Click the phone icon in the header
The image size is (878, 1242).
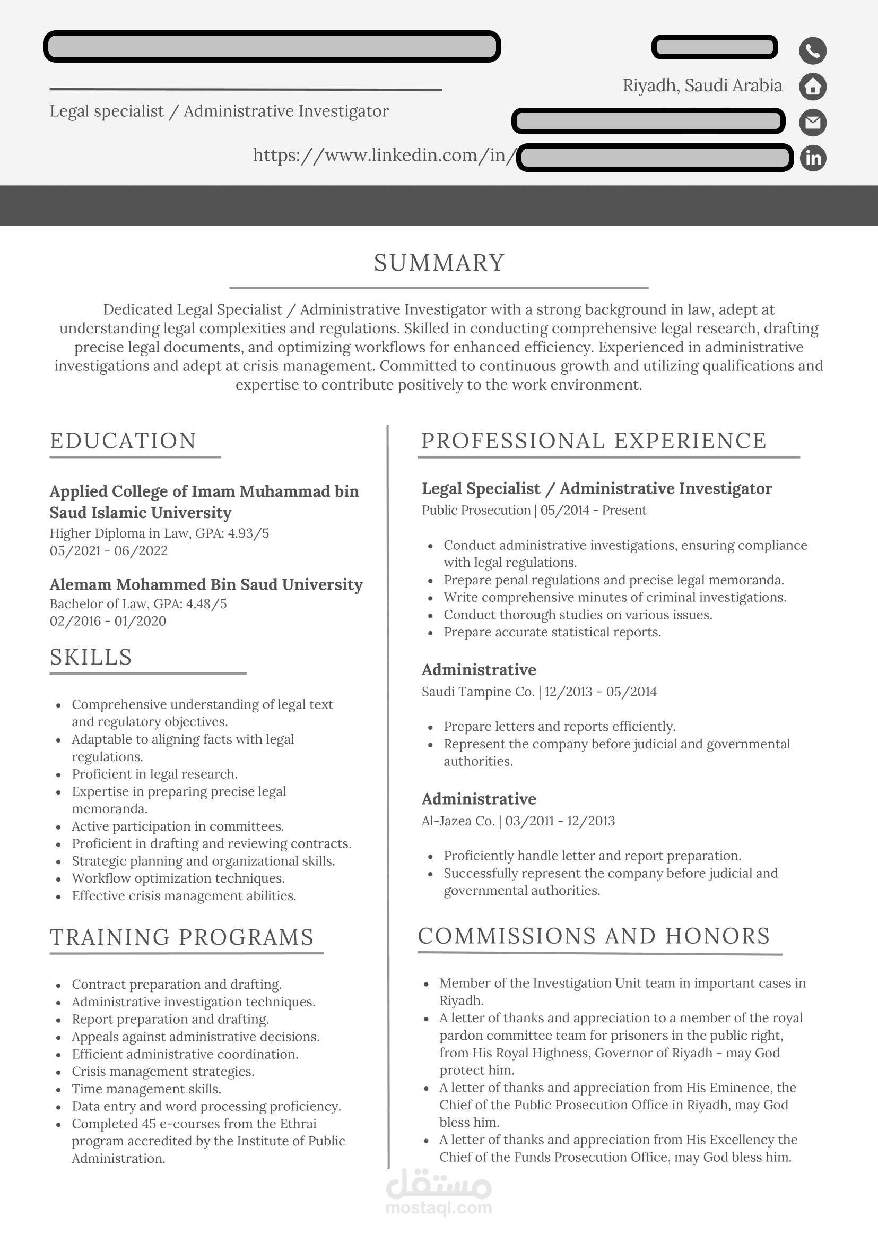(813, 50)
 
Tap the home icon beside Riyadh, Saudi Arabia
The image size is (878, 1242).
(813, 87)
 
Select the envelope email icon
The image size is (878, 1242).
(813, 122)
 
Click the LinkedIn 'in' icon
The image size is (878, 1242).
(813, 158)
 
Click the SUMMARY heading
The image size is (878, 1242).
(439, 263)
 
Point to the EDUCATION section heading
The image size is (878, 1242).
(123, 441)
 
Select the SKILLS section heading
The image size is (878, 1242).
(91, 657)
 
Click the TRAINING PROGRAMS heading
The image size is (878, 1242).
(181, 937)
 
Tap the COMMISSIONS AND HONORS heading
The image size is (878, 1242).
(594, 936)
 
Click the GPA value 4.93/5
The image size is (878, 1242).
(248, 533)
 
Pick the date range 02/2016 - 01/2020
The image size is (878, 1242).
(108, 621)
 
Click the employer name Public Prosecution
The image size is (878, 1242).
(476, 510)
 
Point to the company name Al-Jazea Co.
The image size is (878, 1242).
(458, 821)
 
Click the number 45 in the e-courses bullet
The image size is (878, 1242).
(149, 1124)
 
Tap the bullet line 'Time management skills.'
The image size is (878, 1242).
(146, 1089)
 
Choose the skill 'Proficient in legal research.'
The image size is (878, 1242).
(154, 773)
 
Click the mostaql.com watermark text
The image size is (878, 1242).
(438, 1207)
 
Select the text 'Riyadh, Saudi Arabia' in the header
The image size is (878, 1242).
(702, 85)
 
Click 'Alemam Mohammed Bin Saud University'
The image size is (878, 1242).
(206, 584)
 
